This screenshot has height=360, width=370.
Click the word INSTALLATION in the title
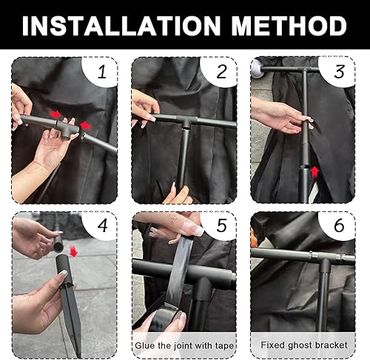(121, 26)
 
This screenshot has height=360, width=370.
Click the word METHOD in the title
(289, 26)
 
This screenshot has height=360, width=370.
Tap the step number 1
(102, 72)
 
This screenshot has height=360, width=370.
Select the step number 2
(221, 72)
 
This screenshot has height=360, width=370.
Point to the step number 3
(340, 72)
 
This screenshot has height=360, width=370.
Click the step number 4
(103, 225)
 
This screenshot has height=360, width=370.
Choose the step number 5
(221, 225)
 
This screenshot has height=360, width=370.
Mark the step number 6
(339, 225)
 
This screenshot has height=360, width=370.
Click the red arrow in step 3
(314, 171)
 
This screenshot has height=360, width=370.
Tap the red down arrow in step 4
(73, 252)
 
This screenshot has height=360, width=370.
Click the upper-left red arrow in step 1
(55, 114)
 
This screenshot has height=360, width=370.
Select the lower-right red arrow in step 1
(86, 126)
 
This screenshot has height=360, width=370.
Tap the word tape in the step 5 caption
(224, 346)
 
